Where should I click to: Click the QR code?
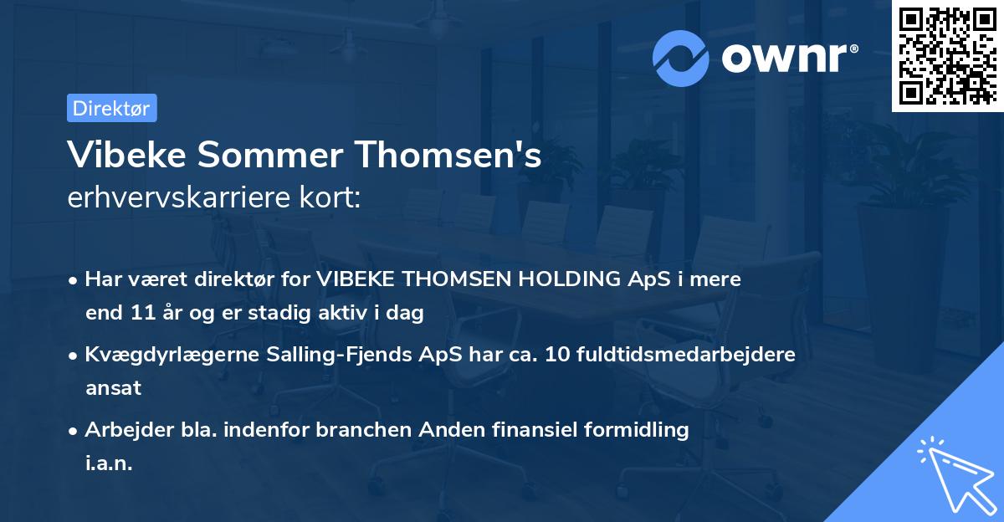(x=947, y=56)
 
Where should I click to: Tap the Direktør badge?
(x=111, y=108)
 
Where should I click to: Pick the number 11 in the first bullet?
(x=139, y=313)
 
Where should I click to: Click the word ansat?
(x=113, y=388)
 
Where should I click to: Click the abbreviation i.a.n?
(x=109, y=463)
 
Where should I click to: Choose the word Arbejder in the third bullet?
(x=122, y=430)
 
